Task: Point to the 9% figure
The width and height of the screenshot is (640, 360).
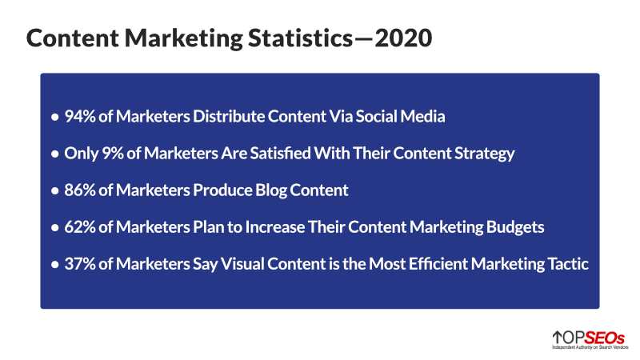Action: (x=108, y=153)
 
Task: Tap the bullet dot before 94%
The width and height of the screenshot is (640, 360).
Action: (x=54, y=117)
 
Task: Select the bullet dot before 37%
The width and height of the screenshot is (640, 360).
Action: (x=54, y=265)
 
